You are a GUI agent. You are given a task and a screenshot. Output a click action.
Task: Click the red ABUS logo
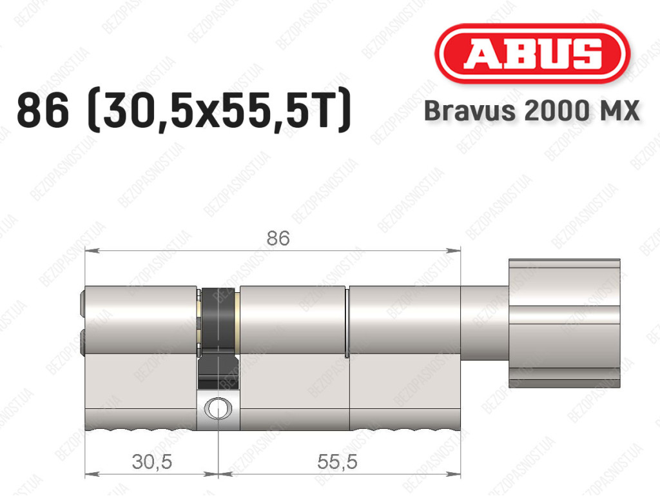532,54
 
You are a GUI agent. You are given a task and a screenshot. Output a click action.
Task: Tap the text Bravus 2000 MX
532,111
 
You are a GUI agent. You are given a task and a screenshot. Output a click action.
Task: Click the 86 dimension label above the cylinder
278,238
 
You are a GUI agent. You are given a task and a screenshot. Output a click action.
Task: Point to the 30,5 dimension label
152,462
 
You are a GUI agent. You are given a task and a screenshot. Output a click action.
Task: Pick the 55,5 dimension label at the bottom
337,462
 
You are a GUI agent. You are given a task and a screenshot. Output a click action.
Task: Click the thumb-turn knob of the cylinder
564,323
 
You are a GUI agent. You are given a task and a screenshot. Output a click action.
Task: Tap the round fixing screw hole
218,408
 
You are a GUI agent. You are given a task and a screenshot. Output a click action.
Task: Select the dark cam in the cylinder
218,337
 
